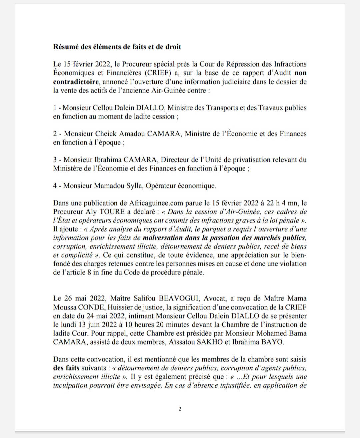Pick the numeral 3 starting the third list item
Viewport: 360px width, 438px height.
coord(55,160)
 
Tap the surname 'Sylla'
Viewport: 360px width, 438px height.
coord(135,186)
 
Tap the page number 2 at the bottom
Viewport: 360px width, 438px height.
coord(180,409)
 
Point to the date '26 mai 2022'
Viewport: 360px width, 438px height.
coord(82,298)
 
